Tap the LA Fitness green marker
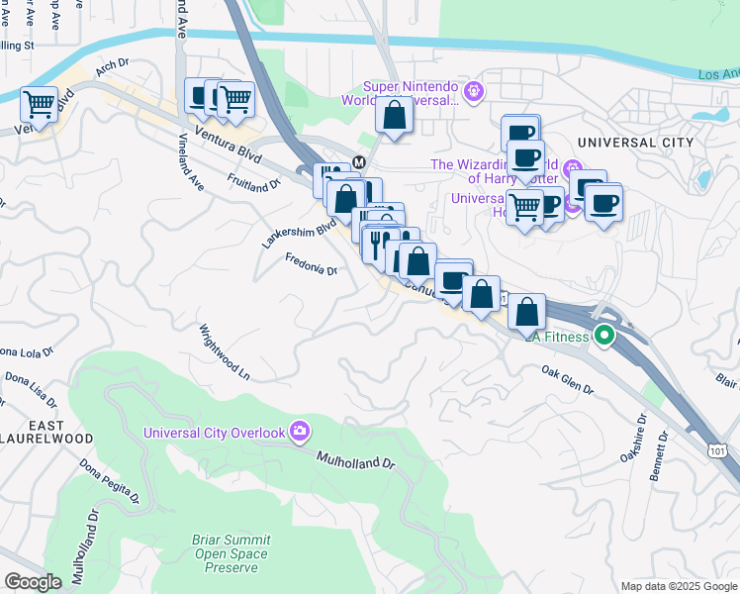(603, 337)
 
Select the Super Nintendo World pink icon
(474, 91)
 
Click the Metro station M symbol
(359, 161)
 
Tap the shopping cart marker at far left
(39, 103)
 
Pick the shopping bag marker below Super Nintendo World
(394, 115)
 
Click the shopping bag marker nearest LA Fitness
(527, 311)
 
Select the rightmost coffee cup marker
(602, 203)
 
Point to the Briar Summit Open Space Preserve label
(231, 546)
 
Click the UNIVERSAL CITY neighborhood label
(634, 143)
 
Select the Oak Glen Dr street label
(567, 380)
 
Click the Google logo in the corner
(33, 582)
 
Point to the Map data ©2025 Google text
(678, 586)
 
